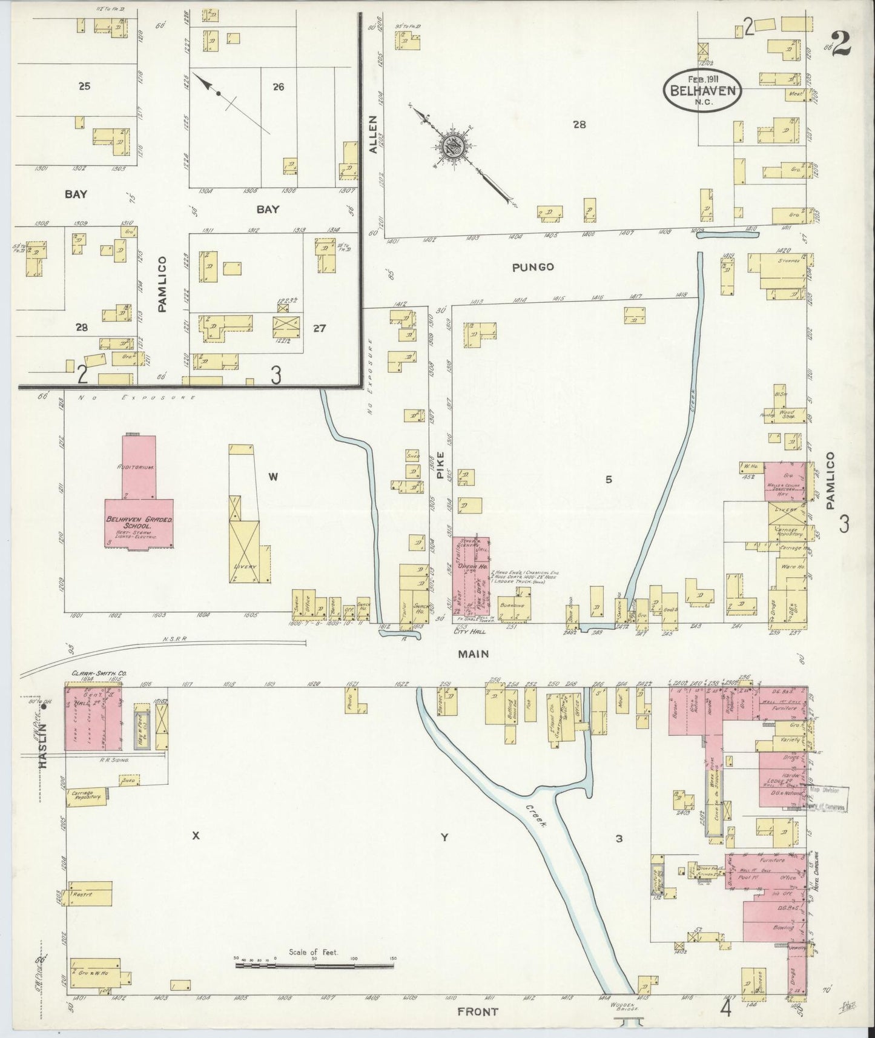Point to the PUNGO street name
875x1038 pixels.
532,266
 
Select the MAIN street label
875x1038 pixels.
474,654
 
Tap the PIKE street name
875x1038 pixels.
440,464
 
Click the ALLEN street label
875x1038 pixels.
373,134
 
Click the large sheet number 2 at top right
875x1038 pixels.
840,43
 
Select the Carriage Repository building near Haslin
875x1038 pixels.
86,796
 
